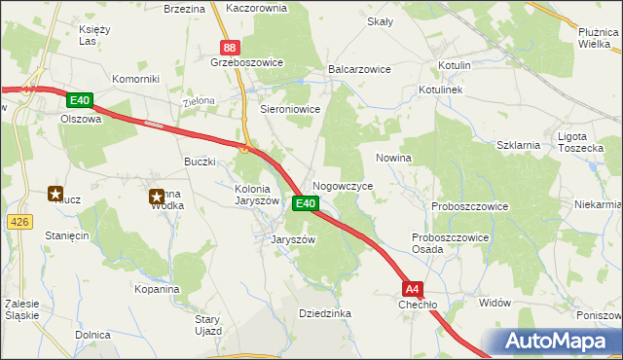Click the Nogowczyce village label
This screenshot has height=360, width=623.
[x=342, y=185]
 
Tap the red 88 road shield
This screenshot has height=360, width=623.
[x=229, y=46]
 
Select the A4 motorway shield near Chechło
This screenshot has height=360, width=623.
[x=413, y=288]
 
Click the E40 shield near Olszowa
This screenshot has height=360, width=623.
[x=80, y=100]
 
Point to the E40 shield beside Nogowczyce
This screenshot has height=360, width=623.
[x=306, y=203]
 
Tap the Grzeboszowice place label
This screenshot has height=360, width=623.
[x=246, y=62]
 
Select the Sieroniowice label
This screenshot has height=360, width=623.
[x=290, y=110]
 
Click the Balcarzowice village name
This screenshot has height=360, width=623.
[x=359, y=70]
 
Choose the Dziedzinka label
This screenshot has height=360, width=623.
[x=325, y=313]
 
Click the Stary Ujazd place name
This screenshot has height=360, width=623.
[x=208, y=325]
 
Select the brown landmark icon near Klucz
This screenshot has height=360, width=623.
[x=56, y=195]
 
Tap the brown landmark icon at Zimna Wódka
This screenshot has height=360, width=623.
[x=156, y=198]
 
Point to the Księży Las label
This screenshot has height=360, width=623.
[x=93, y=35]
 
